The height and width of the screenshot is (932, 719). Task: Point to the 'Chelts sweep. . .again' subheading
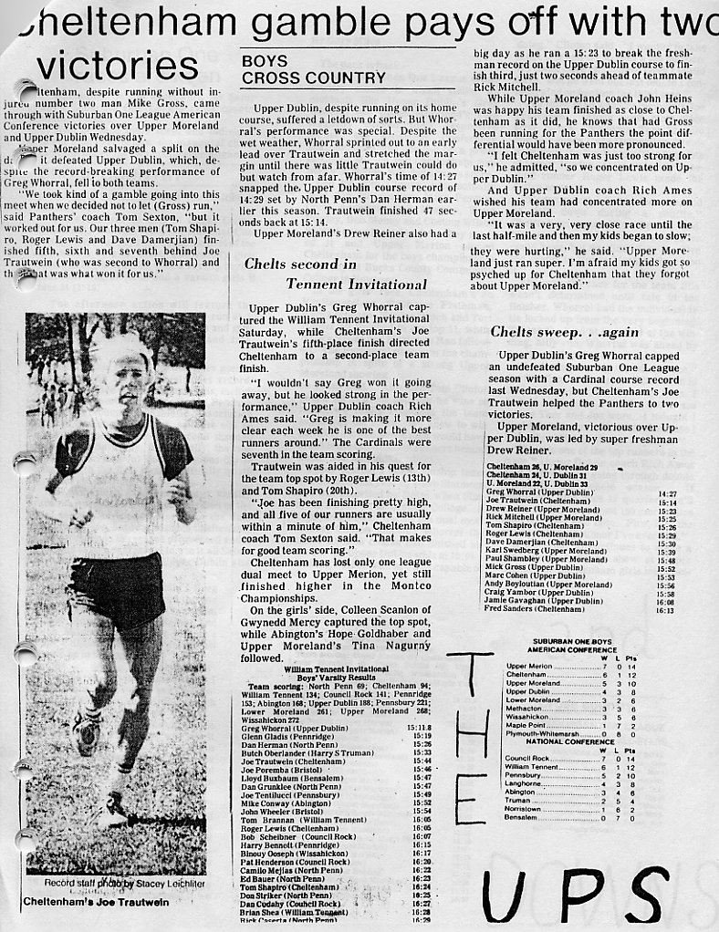(x=565, y=332)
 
